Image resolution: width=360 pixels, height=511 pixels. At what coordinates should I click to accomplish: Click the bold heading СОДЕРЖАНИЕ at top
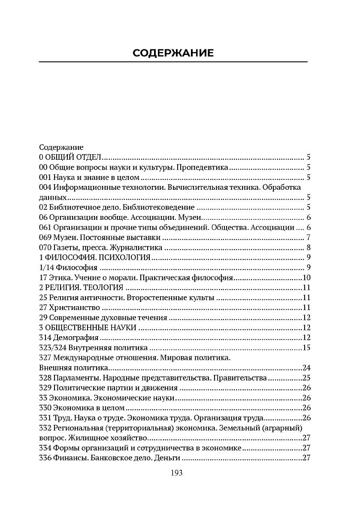pyautogui.click(x=173, y=53)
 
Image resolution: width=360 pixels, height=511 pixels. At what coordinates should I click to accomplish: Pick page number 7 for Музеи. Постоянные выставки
pyautogui.click(x=309, y=237)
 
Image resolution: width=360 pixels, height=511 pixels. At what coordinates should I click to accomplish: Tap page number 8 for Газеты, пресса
pyautogui.click(x=309, y=247)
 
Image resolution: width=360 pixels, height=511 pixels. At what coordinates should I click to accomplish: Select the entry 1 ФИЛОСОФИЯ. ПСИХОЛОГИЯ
pyautogui.click(x=94, y=258)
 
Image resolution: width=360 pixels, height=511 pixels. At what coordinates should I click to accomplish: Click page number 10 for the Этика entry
pyautogui.click(x=306, y=277)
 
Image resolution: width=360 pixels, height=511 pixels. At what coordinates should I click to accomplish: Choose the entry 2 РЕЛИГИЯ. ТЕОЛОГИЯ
pyautogui.click(x=81, y=287)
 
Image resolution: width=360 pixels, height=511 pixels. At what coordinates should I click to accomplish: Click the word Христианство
pyautogui.click(x=77, y=307)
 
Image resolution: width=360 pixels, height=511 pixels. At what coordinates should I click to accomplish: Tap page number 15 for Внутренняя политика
pyautogui.click(x=306, y=347)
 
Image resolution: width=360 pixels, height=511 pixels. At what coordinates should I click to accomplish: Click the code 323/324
pyautogui.click(x=53, y=347)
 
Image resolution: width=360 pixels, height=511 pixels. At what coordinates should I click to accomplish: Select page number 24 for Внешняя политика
pyautogui.click(x=306, y=368)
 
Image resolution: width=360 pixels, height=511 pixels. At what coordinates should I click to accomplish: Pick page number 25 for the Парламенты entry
pyautogui.click(x=306, y=378)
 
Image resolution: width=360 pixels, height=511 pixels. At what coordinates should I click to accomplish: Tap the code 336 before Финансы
pyautogui.click(x=45, y=458)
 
